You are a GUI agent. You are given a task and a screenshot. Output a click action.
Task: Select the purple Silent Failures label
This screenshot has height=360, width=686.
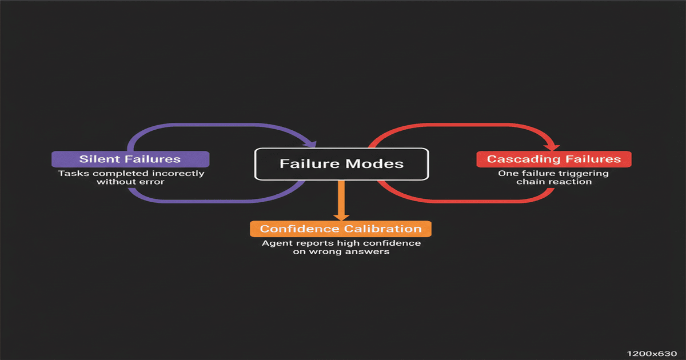coord(130,159)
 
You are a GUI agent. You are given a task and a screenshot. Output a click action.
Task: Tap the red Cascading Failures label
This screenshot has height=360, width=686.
coord(554,159)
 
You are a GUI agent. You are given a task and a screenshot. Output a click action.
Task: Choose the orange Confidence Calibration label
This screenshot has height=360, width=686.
coord(341,229)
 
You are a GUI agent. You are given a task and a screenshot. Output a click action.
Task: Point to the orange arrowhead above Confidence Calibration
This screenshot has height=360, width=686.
coord(341,217)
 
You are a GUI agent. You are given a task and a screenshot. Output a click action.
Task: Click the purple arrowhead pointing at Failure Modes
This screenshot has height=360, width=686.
coord(312,144)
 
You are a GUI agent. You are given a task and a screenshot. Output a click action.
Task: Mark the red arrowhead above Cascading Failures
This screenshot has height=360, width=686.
coord(553,147)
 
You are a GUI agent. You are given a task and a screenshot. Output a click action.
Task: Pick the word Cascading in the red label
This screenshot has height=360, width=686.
coord(524,159)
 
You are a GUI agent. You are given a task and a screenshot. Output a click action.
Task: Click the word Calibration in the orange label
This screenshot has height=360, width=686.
coord(383,229)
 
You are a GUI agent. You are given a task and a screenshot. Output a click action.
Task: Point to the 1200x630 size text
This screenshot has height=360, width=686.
coord(652,354)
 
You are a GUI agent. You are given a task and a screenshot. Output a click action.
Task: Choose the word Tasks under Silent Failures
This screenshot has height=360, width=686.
coord(74,173)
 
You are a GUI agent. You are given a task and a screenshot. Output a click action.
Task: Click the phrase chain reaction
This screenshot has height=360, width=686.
coord(554,182)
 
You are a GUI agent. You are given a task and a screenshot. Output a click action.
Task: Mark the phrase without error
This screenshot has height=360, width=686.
coord(130,182)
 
